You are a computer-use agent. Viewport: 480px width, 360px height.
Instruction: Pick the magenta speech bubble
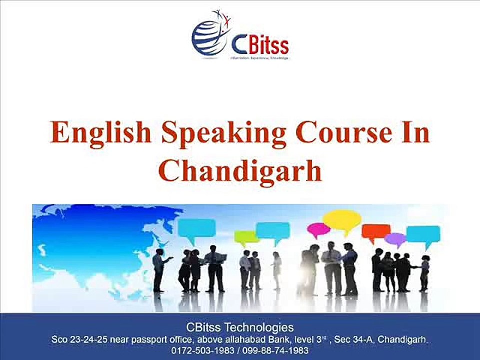[318, 229]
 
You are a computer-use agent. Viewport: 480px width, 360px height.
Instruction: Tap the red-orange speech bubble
[376, 231]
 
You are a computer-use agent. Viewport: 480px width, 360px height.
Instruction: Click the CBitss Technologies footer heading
[240, 328]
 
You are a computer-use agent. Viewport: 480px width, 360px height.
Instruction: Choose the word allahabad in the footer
[239, 340]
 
